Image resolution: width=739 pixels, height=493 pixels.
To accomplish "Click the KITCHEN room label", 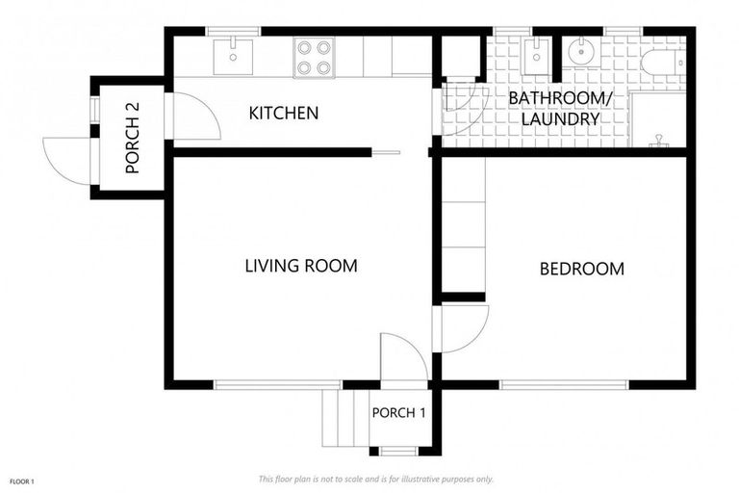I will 283,114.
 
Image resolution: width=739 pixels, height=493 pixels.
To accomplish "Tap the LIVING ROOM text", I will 300,266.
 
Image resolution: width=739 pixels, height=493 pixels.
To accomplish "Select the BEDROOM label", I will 581,269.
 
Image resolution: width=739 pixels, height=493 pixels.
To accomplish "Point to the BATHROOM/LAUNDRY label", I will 554,109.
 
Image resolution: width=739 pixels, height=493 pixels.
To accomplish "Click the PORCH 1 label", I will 398,413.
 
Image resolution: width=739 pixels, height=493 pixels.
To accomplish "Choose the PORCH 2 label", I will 133,144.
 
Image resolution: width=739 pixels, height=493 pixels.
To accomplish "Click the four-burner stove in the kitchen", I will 314,57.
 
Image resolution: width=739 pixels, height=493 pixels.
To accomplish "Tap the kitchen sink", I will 233,56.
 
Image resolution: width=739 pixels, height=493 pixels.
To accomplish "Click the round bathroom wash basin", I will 583,52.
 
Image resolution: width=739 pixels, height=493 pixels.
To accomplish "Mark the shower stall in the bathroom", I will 658,119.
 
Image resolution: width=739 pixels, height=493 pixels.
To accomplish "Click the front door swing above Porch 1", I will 403,358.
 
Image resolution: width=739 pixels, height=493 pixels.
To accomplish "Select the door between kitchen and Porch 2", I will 192,117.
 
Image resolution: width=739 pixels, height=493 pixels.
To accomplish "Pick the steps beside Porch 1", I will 344,419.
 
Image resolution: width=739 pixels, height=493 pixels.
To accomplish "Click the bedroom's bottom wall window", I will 564,385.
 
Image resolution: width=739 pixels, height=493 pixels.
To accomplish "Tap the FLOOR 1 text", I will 22,480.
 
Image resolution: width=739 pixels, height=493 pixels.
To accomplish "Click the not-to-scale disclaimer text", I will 375,479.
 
